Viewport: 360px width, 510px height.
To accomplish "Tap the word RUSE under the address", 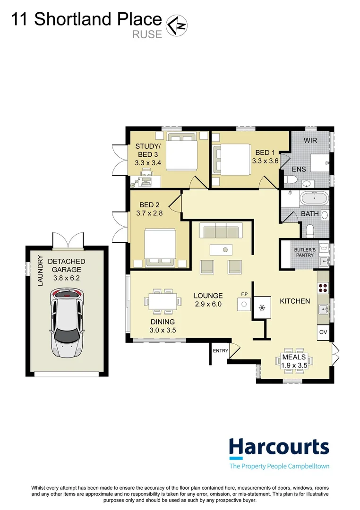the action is point(147,34).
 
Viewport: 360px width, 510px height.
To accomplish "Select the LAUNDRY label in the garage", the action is point(40,271).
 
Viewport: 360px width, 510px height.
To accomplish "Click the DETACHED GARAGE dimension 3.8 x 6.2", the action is point(67,278).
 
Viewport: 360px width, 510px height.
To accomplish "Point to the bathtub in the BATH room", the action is point(315,198).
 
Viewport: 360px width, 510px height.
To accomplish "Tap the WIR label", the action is point(310,140).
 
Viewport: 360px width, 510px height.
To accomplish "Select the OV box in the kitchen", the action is point(323,332).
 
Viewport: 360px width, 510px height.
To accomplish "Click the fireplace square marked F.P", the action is point(244,305).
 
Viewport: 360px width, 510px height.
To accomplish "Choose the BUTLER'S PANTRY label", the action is point(305,252).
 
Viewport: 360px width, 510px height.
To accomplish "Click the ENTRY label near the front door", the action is point(220,350).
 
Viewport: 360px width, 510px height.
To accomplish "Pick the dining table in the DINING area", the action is point(163,301).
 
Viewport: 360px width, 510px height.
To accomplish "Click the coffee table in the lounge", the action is point(221,250).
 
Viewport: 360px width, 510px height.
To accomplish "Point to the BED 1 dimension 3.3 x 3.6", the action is point(265,161).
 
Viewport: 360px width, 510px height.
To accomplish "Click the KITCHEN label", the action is point(295,301).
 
